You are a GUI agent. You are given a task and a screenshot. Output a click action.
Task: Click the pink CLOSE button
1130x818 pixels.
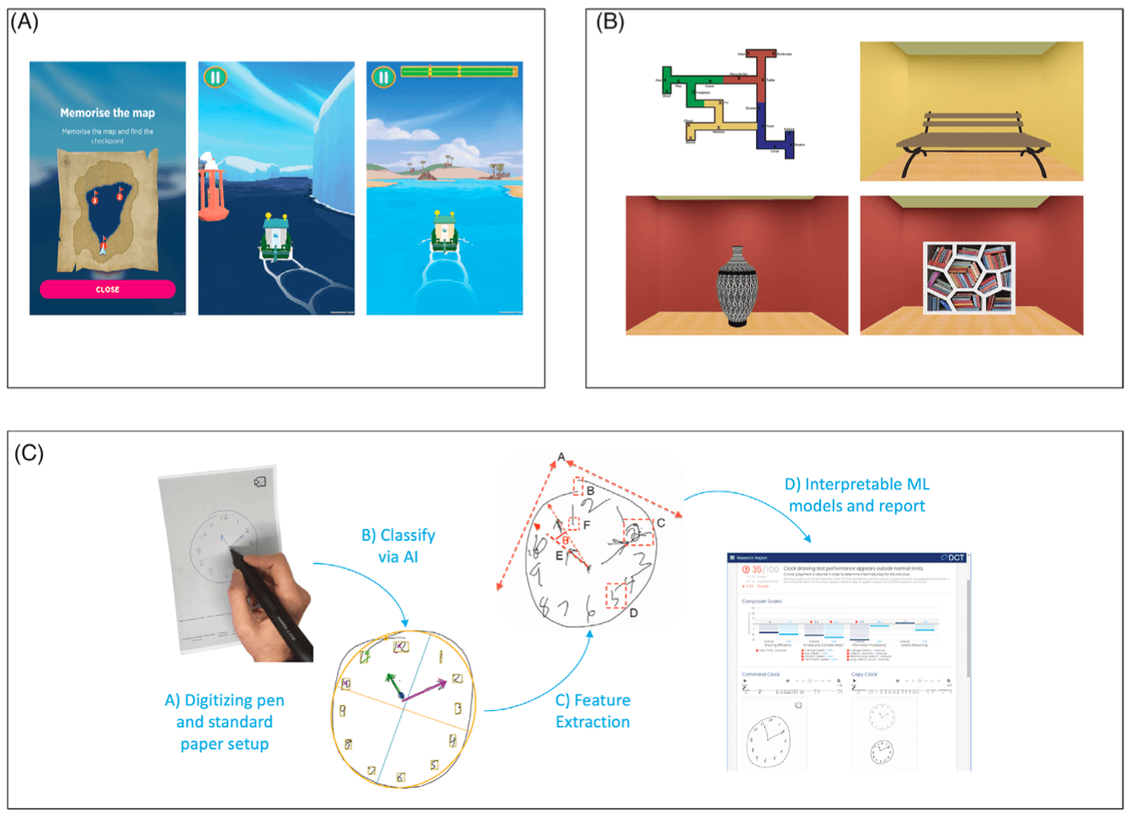point(108,289)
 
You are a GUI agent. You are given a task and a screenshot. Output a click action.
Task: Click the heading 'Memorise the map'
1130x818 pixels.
point(107,113)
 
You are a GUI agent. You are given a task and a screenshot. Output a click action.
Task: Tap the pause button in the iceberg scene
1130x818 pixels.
point(215,77)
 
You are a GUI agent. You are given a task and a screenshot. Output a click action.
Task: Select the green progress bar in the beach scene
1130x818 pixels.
point(459,72)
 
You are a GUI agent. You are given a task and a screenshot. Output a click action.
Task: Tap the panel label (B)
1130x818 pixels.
point(610,22)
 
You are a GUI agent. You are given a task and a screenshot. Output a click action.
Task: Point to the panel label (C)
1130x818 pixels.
point(29,453)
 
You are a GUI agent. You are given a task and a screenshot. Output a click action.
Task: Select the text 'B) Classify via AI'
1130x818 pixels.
point(398,545)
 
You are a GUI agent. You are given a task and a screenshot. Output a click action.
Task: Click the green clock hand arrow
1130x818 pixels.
point(394,683)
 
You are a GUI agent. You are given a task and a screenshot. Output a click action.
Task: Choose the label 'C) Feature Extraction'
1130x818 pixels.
point(593,711)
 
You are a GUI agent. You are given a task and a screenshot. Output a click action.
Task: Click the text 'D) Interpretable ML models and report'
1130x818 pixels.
point(857,495)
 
